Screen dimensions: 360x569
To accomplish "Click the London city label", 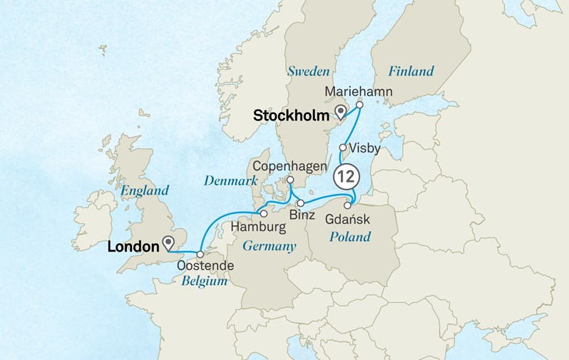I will pos(132,247).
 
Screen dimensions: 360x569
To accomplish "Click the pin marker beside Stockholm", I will pos(341,111).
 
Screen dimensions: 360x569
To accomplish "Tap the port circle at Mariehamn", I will pos(359,105).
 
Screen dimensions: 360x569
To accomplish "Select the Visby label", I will pos(366,148).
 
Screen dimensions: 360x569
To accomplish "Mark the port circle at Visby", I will pos(343,148).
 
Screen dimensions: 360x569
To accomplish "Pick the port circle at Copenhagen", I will pos(291,180).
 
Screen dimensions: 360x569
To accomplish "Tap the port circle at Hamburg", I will pos(263,212).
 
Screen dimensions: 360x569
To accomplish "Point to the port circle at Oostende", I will pos(200,254).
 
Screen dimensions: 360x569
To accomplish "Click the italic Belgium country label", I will pos(204,282).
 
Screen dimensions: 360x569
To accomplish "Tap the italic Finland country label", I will pos(411,71).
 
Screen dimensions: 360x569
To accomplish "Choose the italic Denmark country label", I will pos(230,181).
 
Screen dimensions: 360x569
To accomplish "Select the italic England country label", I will pos(145,190).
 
